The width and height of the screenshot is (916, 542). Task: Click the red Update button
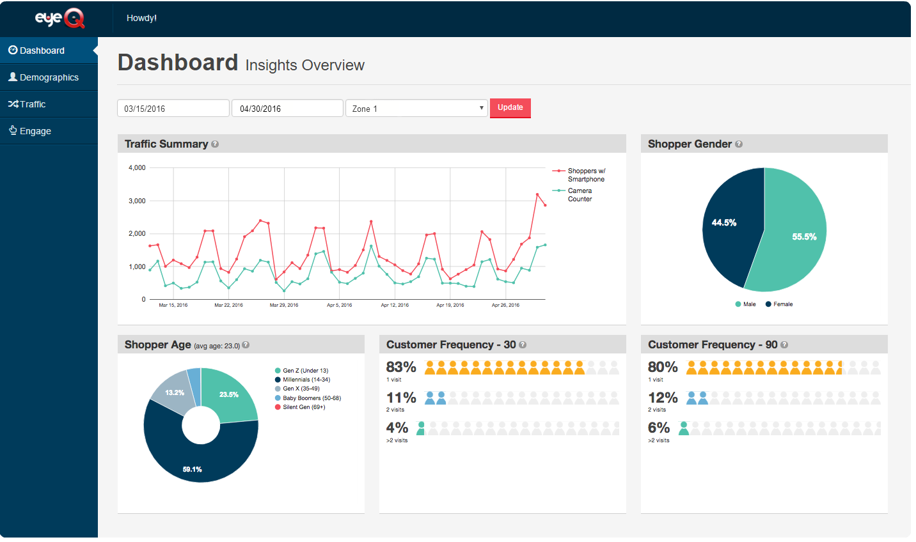(x=510, y=108)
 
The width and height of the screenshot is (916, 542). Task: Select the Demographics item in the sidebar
(x=49, y=77)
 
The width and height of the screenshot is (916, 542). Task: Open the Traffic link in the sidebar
(x=32, y=104)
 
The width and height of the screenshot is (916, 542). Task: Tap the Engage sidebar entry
(x=35, y=131)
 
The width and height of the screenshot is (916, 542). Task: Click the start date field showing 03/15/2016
(x=173, y=109)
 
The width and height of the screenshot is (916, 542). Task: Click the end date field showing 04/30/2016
(x=287, y=109)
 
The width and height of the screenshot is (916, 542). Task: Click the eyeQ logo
(x=59, y=19)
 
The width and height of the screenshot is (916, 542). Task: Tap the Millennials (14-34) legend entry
(x=306, y=380)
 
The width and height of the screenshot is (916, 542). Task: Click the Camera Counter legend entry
(x=580, y=195)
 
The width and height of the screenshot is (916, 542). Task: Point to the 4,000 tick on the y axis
(x=137, y=168)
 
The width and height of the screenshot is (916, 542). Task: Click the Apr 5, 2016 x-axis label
(x=340, y=306)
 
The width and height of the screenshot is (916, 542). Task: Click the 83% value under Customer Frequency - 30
(x=401, y=368)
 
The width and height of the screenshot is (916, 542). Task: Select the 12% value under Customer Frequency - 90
(x=662, y=398)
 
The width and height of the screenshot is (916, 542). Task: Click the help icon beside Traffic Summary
(x=215, y=144)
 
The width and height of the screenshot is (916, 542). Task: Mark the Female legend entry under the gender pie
(x=782, y=304)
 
